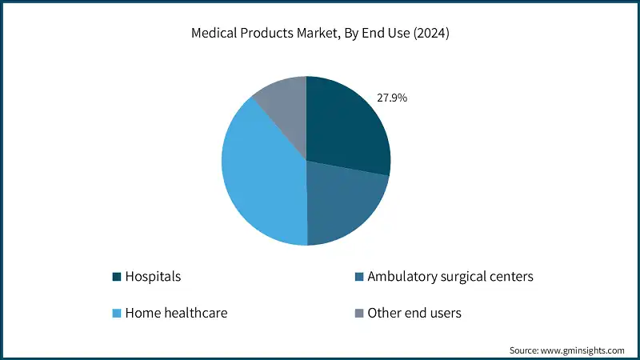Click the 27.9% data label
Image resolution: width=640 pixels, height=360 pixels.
coord(392,98)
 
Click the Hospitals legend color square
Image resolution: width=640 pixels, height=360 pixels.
coord(117,277)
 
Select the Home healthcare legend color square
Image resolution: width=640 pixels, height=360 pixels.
coord(117,313)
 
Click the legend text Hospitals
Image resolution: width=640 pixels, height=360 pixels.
coord(154,277)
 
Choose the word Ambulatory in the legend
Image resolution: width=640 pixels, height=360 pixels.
coord(399,277)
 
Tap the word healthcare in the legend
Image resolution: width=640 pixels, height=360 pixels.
coord(195,313)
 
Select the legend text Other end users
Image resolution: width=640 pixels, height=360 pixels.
coord(414,313)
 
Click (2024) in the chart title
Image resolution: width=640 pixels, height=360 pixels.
coord(429,34)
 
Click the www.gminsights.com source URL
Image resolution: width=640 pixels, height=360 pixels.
coord(583,350)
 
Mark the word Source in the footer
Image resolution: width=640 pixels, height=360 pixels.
coord(525,350)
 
